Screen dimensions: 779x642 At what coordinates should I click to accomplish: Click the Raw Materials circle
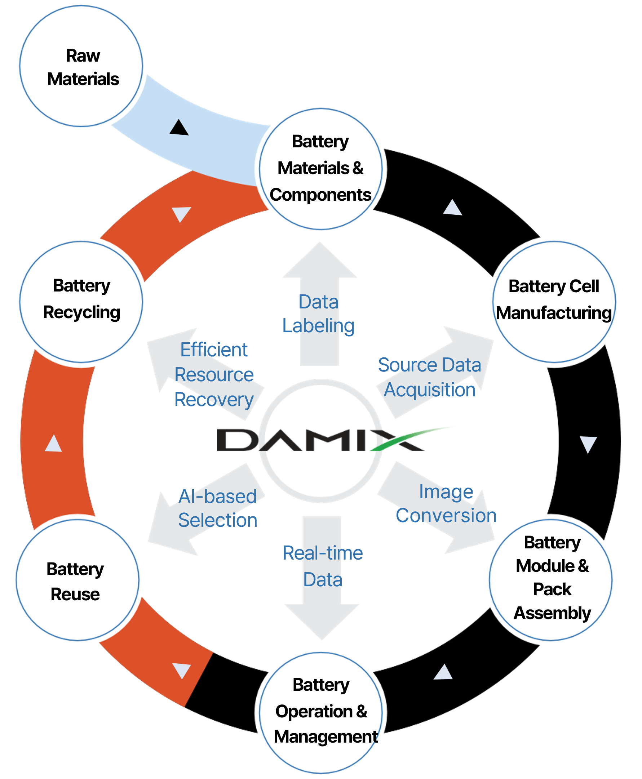pos(81,67)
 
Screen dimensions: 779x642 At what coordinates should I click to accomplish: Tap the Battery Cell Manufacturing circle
pos(554,301)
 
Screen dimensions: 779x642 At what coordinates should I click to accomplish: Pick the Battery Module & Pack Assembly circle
pos(551,579)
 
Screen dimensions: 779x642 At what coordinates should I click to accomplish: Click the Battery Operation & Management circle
pos(321,712)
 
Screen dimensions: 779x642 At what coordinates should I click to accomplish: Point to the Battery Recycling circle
pos(81,301)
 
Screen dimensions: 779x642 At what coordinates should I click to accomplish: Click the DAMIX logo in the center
pos(320,440)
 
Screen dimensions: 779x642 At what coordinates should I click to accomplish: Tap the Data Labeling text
pos(318,314)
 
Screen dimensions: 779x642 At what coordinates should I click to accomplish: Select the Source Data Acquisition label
pos(429,378)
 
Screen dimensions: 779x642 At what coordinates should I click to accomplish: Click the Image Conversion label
pos(446,504)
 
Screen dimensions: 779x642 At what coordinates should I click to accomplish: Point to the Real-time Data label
pos(323,566)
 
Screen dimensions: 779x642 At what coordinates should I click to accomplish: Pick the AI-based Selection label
pos(217,508)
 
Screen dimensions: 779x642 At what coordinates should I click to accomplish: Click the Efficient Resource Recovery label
pos(214,374)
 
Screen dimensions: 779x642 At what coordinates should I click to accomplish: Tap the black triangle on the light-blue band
pos(179,128)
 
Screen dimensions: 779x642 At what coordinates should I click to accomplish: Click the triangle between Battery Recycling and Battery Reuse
pos(53,443)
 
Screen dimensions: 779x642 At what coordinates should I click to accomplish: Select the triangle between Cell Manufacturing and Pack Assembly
pos(588,444)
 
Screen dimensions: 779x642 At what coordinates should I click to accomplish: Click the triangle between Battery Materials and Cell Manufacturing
pos(453,208)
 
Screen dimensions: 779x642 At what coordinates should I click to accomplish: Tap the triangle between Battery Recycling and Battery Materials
pos(181,214)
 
